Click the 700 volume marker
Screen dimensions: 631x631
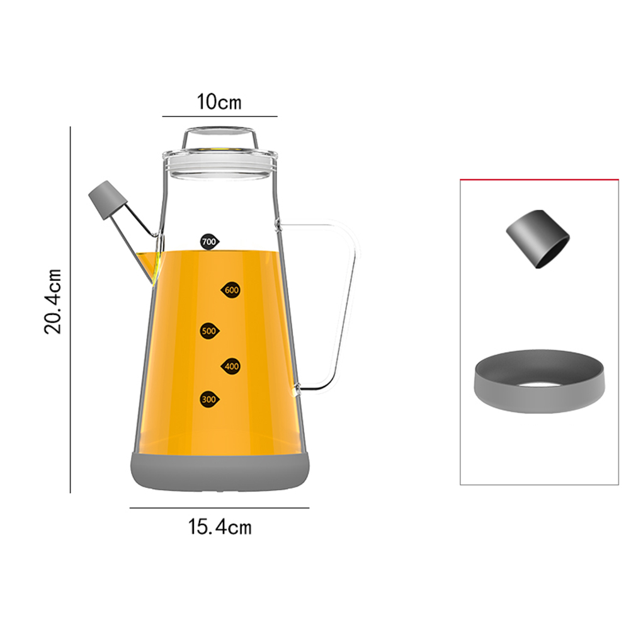(210, 241)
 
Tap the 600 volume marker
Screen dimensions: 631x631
(230, 290)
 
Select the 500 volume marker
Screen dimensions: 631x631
(210, 331)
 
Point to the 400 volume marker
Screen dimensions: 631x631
(230, 367)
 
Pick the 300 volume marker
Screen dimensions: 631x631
(210, 399)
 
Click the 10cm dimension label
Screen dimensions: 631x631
(219, 102)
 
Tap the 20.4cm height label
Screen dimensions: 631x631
(53, 302)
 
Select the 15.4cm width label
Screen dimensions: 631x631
(220, 526)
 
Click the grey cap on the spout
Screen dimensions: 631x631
(108, 200)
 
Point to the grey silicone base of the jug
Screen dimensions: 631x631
(220, 471)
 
